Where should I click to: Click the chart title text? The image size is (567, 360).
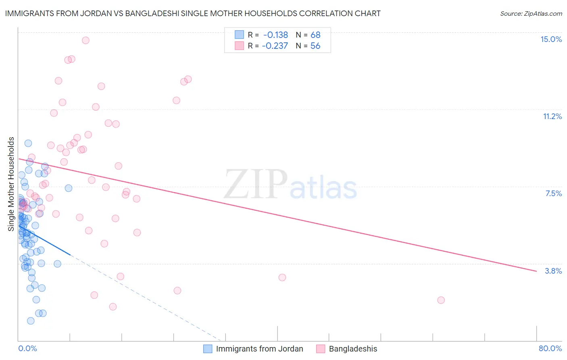[193, 14]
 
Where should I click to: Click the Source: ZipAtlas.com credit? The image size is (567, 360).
[531, 14]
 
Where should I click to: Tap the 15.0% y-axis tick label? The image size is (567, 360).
[551, 39]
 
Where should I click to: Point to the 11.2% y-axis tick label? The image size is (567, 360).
[552, 117]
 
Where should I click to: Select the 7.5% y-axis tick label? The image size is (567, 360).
[553, 194]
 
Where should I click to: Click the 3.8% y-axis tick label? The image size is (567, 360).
[553, 271]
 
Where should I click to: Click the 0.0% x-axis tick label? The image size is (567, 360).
[27, 348]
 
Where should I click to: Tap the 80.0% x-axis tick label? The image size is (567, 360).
[550, 348]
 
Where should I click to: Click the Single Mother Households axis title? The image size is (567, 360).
[11, 184]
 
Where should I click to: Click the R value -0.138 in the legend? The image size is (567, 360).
[276, 35]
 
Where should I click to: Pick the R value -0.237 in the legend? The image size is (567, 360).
[275, 46]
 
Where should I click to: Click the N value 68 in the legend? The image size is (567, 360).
[315, 35]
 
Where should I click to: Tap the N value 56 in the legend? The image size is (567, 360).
[315, 46]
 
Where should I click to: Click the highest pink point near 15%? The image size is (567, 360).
[85, 40]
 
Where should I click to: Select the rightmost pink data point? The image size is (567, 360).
[441, 300]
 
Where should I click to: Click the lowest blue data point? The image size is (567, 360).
[31, 321]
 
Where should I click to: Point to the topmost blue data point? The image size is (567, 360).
[28, 143]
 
